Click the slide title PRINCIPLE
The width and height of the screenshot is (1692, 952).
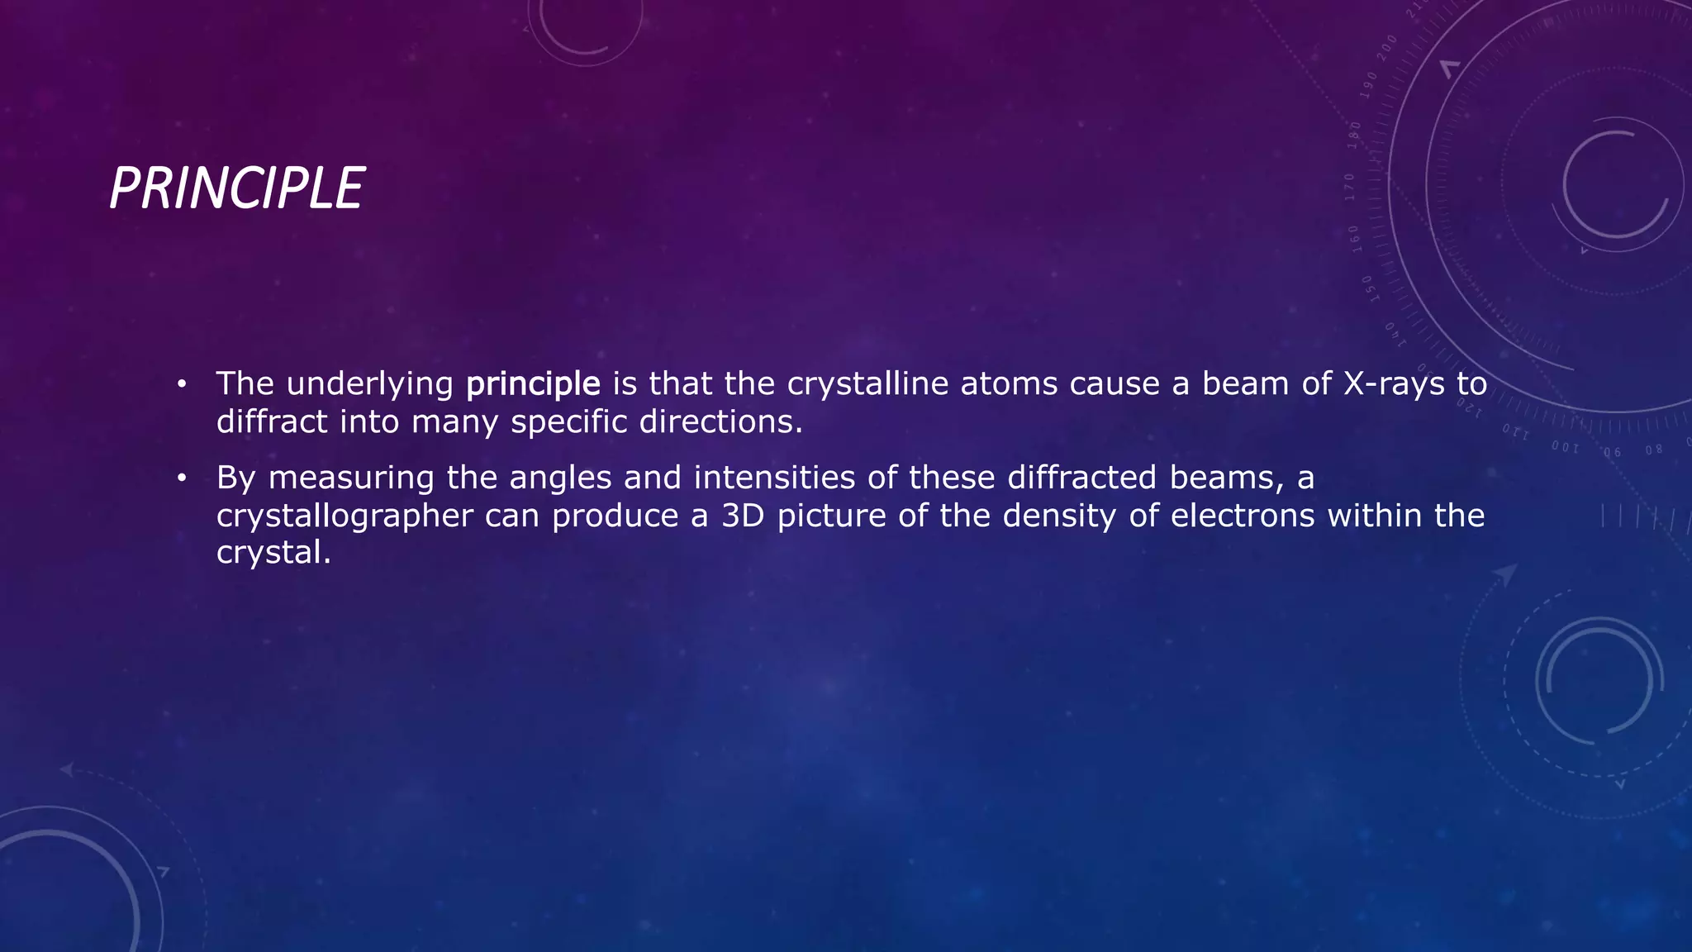(x=236, y=188)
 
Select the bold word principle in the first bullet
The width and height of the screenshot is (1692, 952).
(x=533, y=384)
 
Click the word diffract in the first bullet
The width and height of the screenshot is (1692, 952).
(x=272, y=422)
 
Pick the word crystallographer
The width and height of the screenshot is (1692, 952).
(x=345, y=516)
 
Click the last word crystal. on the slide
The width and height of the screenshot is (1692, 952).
(x=273, y=553)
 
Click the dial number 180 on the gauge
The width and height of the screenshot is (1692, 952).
(x=1354, y=135)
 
